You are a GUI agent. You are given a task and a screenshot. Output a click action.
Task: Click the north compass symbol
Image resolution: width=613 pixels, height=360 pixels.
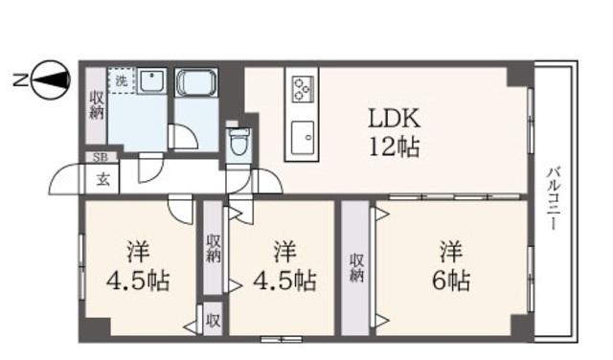coord(50,80)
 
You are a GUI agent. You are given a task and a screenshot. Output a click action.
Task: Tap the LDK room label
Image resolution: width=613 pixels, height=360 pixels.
coord(394,118)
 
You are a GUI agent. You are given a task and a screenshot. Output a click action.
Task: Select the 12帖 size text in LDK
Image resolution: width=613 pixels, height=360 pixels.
coord(394,147)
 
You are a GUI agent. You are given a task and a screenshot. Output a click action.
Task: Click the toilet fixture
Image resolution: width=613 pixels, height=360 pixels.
coord(238,141)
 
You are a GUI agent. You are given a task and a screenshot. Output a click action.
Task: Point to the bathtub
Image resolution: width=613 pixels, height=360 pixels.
coord(195,82)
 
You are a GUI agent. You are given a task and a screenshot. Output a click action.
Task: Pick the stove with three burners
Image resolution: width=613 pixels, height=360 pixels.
coord(302,89)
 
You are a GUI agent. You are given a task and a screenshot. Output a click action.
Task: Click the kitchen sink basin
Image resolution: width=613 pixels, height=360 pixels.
coord(303,138)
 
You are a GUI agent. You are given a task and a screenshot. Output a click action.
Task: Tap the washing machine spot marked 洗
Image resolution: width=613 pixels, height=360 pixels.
coord(122,81)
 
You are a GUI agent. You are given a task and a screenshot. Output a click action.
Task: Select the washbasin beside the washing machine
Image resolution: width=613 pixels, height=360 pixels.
coord(151,81)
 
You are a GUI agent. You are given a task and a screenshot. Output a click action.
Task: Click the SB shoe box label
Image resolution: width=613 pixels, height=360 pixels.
coord(102,158)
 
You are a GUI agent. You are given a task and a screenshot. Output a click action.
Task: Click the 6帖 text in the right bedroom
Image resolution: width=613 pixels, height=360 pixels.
coord(451,280)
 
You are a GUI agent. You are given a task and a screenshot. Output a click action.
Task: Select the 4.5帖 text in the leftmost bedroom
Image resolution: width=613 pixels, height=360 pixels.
coord(138,280)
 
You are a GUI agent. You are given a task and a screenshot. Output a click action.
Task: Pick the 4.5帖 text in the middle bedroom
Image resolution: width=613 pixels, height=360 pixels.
coord(284,280)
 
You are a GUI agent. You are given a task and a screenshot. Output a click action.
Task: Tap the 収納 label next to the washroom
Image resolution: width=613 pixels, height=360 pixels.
coord(96,105)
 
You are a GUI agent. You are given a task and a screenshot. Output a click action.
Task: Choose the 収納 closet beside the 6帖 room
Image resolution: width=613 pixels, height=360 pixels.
coord(355,268)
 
